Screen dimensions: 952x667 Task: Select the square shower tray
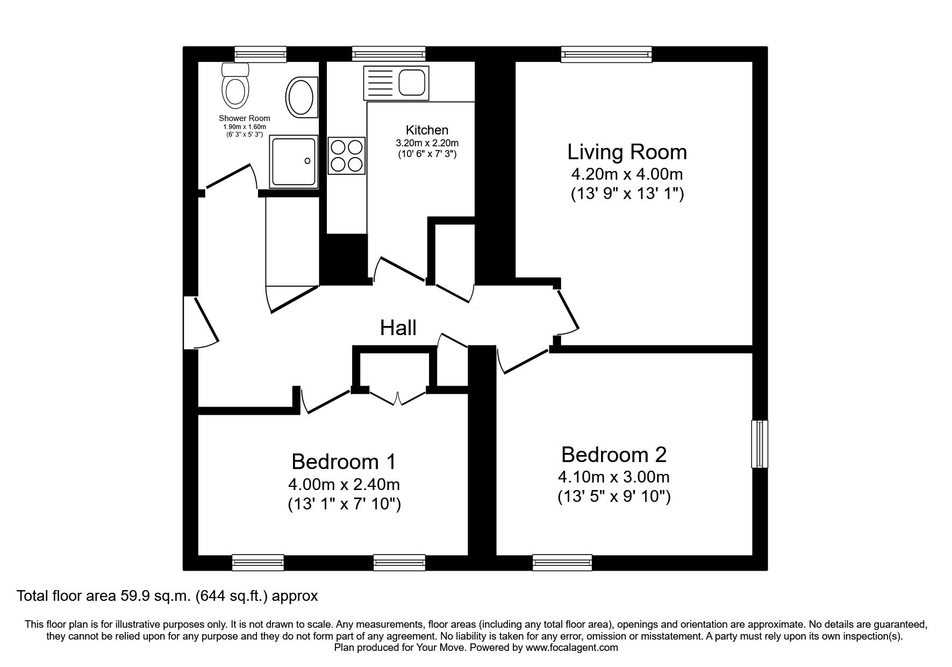pos(294,161)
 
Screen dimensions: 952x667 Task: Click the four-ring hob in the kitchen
pos(346,155)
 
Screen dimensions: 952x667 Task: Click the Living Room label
pos(627,152)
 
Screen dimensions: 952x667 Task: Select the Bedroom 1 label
pos(343,462)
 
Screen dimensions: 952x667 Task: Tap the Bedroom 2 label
pos(614,455)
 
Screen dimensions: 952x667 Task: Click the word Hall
pos(398,328)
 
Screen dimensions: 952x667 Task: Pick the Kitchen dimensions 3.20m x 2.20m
pos(427,143)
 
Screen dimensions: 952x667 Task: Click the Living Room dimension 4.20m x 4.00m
pos(627,174)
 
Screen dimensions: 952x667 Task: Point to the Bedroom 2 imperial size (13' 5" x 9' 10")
pos(614,496)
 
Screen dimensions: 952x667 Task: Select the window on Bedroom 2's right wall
pos(760,444)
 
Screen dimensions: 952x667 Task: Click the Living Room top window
pos(606,54)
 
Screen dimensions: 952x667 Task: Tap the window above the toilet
pos(260,54)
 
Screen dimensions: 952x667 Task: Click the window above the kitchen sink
pos(389,54)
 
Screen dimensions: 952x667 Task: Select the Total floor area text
pos(168,596)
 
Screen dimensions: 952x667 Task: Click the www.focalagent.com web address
pos(571,648)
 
